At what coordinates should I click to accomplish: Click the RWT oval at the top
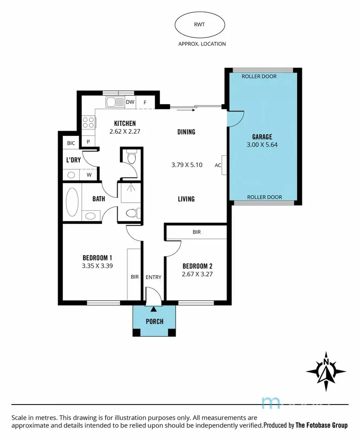(x=200, y=25)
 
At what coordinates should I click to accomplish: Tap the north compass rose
(x=326, y=371)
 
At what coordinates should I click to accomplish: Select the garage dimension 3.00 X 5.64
(x=262, y=145)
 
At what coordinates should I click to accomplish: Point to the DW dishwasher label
(x=130, y=102)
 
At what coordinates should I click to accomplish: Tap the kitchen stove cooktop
(x=88, y=122)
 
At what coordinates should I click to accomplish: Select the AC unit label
(x=218, y=165)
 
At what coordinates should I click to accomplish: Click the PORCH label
(x=154, y=321)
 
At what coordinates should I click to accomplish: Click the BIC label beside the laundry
(x=71, y=143)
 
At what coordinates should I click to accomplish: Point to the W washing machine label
(x=89, y=175)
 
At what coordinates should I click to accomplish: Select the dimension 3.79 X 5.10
(x=187, y=165)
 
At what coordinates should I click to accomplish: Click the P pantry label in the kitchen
(x=88, y=142)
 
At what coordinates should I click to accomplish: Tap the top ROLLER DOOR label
(x=259, y=76)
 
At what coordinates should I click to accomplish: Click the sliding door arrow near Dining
(x=186, y=110)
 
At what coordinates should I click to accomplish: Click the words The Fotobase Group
(x=322, y=425)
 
